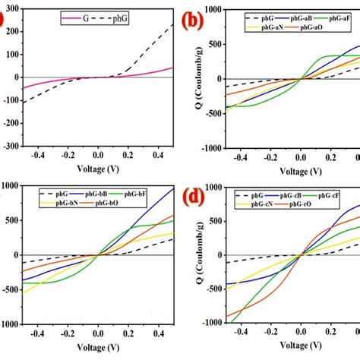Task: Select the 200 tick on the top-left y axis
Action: (x=10, y=33)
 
